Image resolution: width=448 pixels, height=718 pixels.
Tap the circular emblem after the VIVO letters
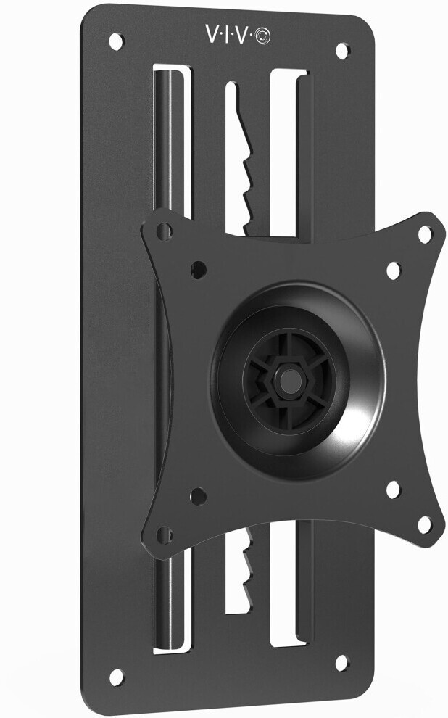262,36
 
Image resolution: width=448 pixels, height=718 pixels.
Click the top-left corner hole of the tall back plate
115,41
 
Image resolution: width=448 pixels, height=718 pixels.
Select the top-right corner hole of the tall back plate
341,51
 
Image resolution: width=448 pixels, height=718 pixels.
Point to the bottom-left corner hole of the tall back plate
115,676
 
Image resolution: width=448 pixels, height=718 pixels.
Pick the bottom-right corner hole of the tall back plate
341,661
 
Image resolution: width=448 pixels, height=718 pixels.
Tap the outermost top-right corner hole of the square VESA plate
425,234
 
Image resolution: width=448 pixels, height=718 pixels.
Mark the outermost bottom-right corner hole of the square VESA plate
425,524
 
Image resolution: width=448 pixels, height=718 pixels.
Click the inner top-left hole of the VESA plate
197,269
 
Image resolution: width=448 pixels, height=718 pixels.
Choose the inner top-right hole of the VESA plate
393,271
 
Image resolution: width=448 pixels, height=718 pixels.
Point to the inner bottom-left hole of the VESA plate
197,497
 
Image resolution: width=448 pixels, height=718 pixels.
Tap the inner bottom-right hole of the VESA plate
393,490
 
